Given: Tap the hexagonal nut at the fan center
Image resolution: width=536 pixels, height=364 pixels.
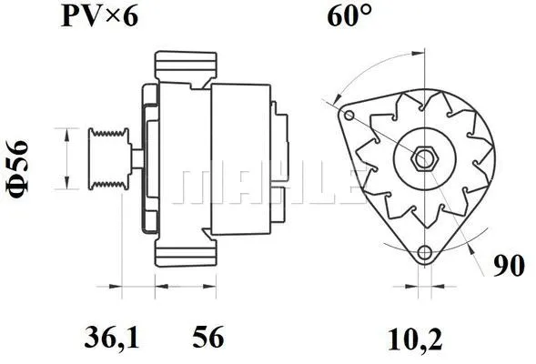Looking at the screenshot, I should tap(422, 158).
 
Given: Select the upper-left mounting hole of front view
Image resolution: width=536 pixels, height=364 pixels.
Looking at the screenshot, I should tap(349, 116).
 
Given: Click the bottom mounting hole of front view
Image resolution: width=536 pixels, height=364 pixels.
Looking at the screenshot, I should tap(423, 255).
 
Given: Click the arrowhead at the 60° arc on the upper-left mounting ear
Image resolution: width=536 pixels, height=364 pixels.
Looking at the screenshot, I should tap(337, 99).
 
